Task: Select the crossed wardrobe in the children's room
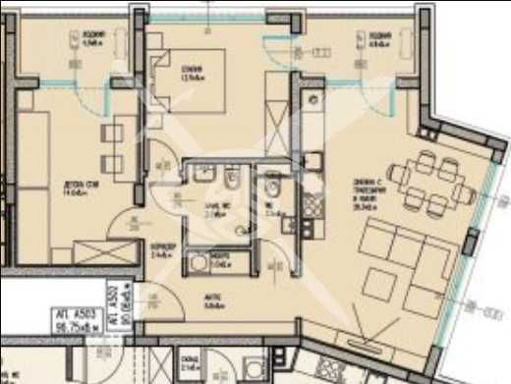[97, 250]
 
